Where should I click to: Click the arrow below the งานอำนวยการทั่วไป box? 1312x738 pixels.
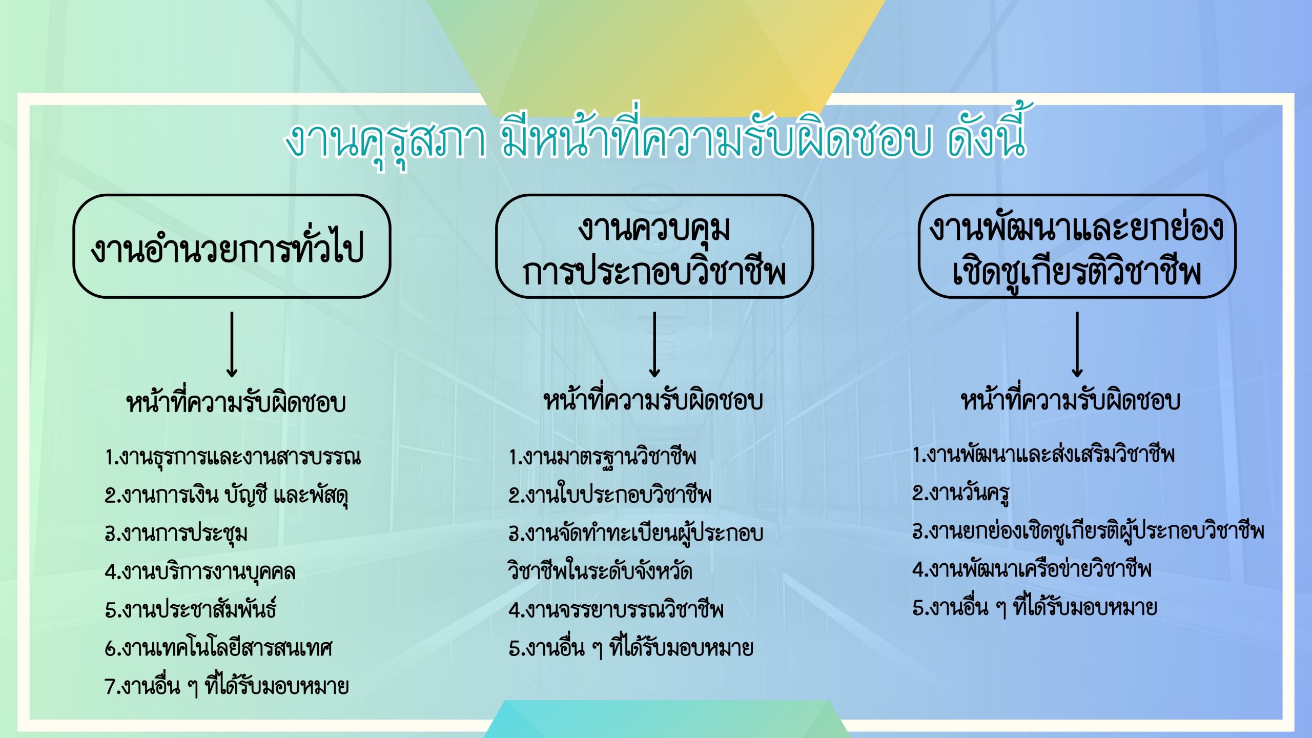point(232,344)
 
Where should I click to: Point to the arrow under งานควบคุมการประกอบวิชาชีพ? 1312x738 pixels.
point(654,344)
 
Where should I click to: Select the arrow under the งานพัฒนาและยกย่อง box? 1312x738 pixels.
point(1077,344)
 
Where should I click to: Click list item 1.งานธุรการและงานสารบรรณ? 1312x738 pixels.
point(233,456)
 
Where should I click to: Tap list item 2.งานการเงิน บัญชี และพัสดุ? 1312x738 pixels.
point(227,495)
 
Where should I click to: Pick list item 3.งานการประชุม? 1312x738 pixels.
point(176,533)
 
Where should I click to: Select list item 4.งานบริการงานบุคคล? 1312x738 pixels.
point(200,571)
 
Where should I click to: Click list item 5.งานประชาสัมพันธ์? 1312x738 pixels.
point(191,608)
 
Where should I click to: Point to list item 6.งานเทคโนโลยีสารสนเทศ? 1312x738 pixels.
point(219,647)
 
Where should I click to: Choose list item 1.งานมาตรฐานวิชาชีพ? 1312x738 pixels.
point(603,456)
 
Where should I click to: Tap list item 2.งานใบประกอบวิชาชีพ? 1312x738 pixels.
point(610,494)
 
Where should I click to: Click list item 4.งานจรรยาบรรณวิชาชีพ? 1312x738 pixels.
point(616,609)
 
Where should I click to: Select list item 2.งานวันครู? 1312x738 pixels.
point(961,493)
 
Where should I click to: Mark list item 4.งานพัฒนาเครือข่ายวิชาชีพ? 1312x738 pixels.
point(1032,568)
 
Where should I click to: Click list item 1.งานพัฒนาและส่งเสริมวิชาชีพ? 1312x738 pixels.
point(1043,454)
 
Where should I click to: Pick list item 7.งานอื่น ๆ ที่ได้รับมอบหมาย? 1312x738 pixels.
point(227,685)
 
